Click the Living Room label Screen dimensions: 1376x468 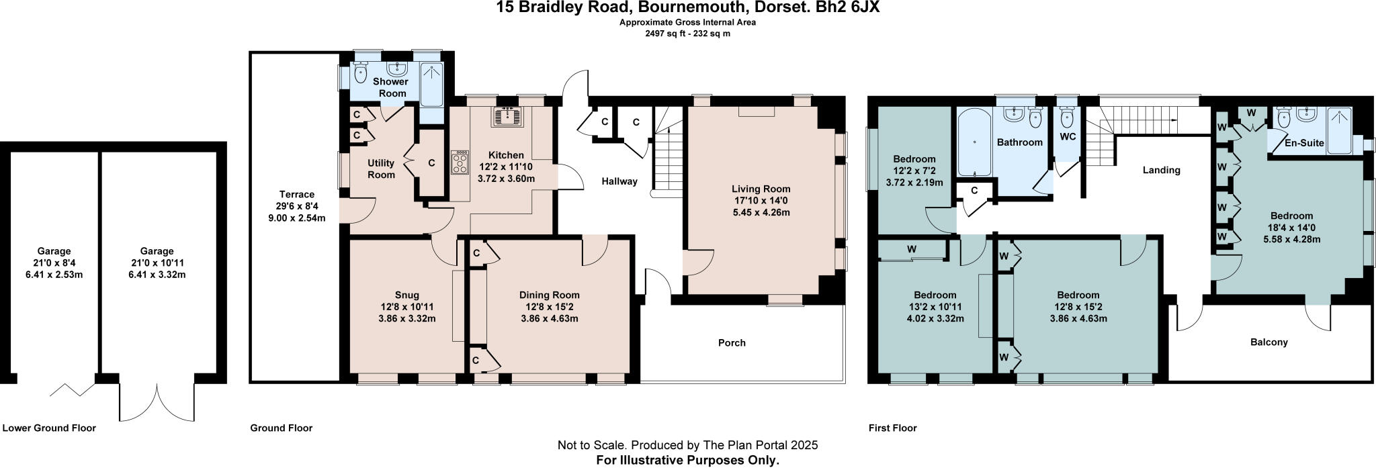click(x=761, y=189)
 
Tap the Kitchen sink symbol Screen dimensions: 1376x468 click(x=508, y=117)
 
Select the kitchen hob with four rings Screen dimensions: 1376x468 click(x=460, y=162)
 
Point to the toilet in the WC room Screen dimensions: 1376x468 click(x=1066, y=118)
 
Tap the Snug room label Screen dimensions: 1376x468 click(x=406, y=295)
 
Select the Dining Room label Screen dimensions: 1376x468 click(x=549, y=295)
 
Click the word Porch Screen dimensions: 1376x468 click(x=732, y=342)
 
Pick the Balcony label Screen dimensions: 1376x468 click(x=1268, y=342)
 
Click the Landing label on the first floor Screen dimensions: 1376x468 click(x=1161, y=170)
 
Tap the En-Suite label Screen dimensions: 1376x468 click(x=1304, y=143)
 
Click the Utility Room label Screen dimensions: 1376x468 click(x=381, y=169)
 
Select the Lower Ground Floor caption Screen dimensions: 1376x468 click(x=49, y=428)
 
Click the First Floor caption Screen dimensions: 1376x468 click(x=892, y=428)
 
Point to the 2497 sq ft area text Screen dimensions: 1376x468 click(x=662, y=34)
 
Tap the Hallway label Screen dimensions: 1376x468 click(x=619, y=181)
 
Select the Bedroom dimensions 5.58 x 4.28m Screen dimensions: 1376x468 click(x=1291, y=238)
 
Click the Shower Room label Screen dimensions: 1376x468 click(x=392, y=87)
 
